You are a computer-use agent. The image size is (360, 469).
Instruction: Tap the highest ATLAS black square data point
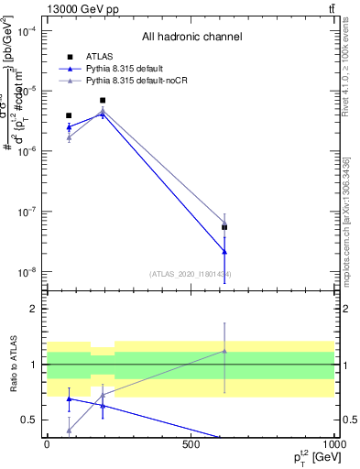(x=103, y=101)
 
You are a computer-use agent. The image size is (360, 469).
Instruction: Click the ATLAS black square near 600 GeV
(x=225, y=226)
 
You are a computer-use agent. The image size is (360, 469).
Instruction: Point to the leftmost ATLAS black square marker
(x=69, y=115)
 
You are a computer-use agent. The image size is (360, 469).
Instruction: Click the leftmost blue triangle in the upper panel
(x=69, y=127)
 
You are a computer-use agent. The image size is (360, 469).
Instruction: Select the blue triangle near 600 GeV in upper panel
(x=225, y=251)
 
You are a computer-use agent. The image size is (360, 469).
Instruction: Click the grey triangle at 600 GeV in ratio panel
(x=225, y=351)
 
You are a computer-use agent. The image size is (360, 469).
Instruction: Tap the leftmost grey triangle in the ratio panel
(x=69, y=430)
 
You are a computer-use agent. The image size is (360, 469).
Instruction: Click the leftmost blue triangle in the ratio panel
(x=69, y=398)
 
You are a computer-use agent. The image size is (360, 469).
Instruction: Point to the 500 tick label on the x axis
(x=191, y=444)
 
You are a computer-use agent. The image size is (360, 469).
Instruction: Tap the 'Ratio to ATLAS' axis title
(x=13, y=365)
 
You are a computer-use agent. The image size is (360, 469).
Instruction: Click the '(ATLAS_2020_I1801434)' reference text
(x=191, y=274)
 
